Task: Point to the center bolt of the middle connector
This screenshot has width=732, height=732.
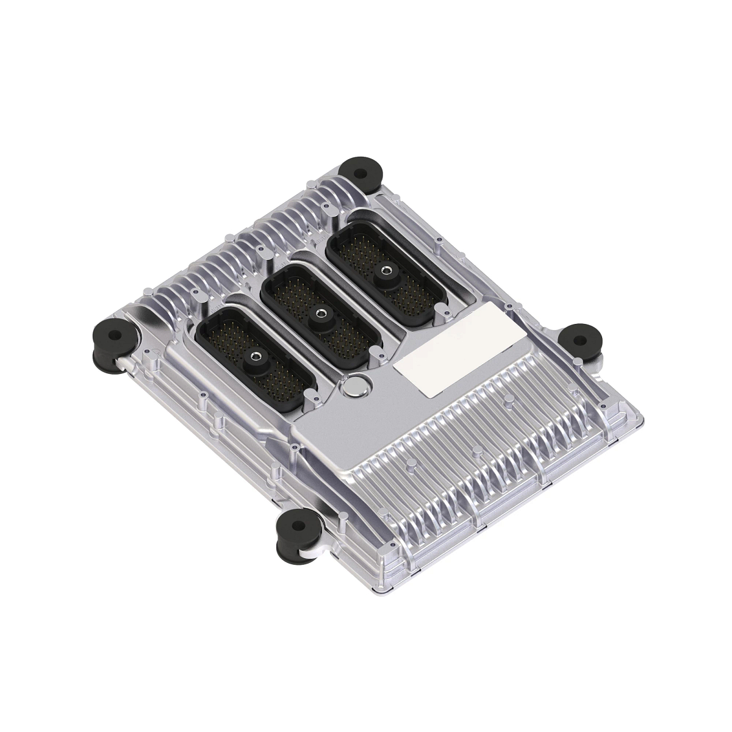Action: [318, 314]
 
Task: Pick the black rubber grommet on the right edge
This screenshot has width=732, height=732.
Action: [581, 339]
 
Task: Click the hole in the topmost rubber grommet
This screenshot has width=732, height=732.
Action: [360, 167]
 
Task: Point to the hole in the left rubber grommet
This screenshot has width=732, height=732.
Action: [112, 334]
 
